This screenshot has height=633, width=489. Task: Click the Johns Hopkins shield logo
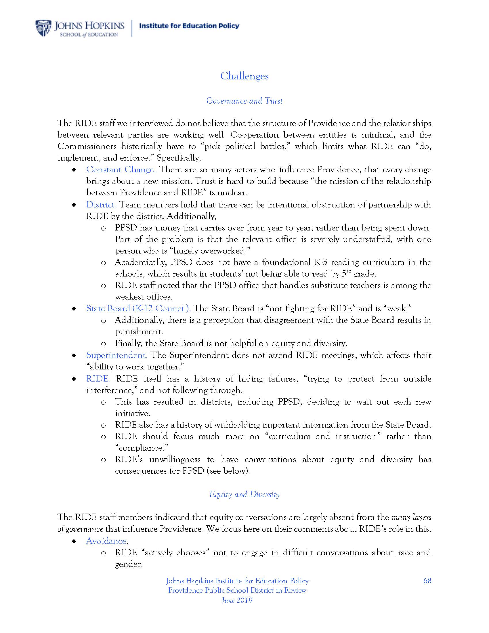(x=43, y=28)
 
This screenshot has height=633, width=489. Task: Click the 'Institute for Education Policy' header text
(x=189, y=26)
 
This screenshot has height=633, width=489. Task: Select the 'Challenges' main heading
(x=244, y=76)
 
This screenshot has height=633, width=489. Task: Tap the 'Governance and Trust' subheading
(x=244, y=101)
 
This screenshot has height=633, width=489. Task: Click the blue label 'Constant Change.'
(x=121, y=169)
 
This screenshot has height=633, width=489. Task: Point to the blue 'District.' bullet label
(x=101, y=205)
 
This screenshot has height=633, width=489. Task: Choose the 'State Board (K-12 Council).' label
(x=138, y=308)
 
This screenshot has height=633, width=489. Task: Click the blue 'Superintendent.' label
(x=117, y=355)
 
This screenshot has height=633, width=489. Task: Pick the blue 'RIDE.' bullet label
(x=98, y=379)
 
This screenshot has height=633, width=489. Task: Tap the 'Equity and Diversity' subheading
(x=244, y=494)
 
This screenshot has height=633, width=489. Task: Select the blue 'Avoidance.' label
(x=107, y=541)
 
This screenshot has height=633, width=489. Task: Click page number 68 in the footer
(x=427, y=581)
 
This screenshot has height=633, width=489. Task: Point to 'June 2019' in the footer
(x=237, y=600)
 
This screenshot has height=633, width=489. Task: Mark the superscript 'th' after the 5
(x=349, y=271)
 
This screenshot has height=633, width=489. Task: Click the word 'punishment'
(x=138, y=331)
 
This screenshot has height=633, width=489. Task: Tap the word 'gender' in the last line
(x=128, y=564)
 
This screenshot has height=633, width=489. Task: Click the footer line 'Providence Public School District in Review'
(x=237, y=590)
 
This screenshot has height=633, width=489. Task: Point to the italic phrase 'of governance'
(x=80, y=529)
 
